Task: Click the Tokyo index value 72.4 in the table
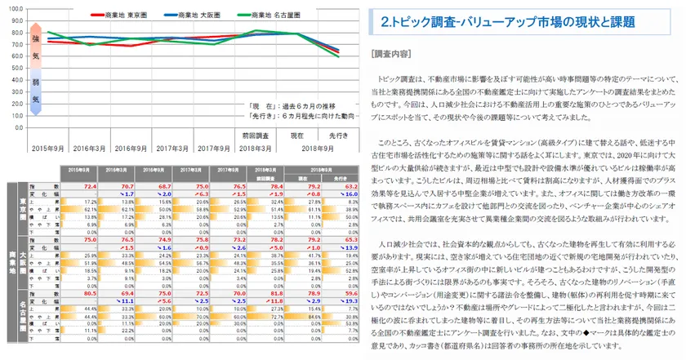(x=90, y=186)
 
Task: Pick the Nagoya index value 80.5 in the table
(x=90, y=291)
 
